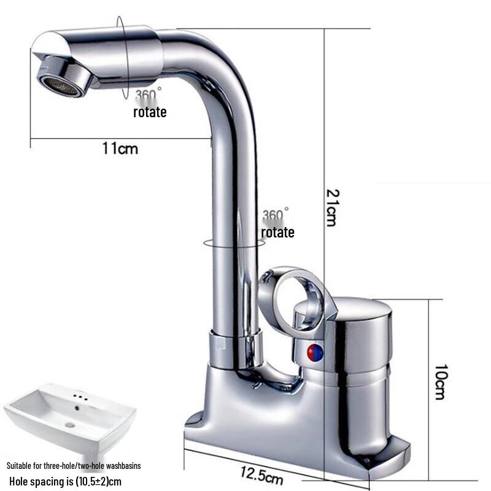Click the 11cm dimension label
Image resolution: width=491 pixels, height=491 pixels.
pyautogui.click(x=120, y=147)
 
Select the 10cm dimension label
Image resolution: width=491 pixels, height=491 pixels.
pyautogui.click(x=440, y=382)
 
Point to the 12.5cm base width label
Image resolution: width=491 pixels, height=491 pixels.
pyautogui.click(x=262, y=473)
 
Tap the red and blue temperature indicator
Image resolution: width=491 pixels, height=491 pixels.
pyautogui.click(x=314, y=352)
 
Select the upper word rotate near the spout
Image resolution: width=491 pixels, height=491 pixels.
pyautogui.click(x=150, y=112)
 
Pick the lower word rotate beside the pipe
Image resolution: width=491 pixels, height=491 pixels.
pyautogui.click(x=277, y=233)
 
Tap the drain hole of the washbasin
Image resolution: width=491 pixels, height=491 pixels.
pyautogui.click(x=69, y=423)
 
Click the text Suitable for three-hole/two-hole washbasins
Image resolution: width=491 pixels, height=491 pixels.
pyautogui.click(x=74, y=466)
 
